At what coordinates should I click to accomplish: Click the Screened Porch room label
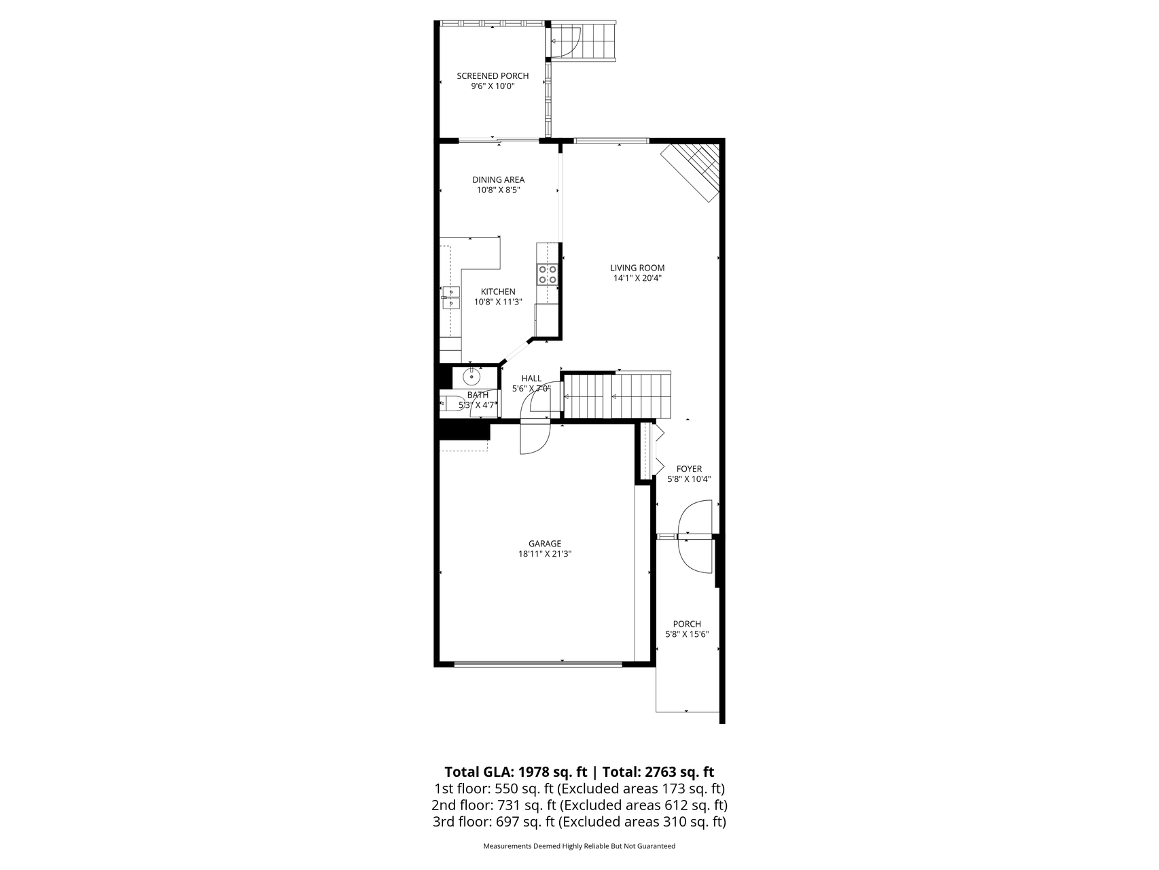tap(493, 76)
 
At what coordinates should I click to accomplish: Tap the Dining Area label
tap(498, 180)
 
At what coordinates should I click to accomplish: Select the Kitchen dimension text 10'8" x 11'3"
tap(498, 302)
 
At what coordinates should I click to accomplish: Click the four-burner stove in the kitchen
tap(548, 274)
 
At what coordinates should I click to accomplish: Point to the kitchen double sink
tap(450, 297)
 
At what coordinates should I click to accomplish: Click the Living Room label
tap(637, 268)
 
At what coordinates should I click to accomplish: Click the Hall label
tap(531, 379)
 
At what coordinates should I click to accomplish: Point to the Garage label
tap(545, 544)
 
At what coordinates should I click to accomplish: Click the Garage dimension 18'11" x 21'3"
tap(545, 554)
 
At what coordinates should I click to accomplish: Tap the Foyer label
tap(689, 469)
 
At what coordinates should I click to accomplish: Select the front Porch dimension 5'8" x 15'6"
tap(687, 635)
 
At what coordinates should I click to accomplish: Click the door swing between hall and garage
tap(534, 438)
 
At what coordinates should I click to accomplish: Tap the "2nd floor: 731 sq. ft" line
tap(494, 805)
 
